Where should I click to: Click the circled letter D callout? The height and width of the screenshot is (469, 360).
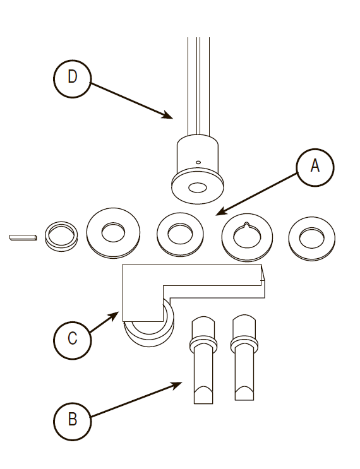click(x=72, y=79)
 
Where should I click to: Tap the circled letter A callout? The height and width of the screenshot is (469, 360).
click(x=315, y=167)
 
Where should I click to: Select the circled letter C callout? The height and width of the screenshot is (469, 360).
click(x=72, y=340)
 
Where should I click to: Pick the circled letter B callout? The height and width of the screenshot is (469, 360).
click(x=72, y=422)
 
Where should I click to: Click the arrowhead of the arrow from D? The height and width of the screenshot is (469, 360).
click(x=168, y=116)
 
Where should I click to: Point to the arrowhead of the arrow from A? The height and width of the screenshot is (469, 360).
click(x=220, y=211)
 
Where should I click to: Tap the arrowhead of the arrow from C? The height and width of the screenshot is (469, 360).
click(x=114, y=315)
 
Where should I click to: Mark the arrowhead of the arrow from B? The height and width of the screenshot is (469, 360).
click(x=177, y=384)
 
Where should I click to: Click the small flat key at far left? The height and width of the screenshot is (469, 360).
click(x=23, y=237)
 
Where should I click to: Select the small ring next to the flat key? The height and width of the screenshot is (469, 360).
click(x=61, y=236)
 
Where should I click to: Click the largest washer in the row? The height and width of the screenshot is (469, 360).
click(x=113, y=233)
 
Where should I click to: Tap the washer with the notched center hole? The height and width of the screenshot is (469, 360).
click(x=247, y=237)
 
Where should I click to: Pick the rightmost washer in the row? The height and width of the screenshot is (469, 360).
click(x=312, y=239)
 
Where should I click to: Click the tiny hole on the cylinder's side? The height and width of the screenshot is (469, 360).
click(x=198, y=162)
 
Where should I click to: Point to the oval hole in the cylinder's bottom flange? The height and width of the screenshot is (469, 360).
click(x=198, y=188)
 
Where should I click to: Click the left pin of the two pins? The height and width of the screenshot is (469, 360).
click(x=203, y=360)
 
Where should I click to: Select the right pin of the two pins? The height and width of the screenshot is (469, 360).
click(x=244, y=357)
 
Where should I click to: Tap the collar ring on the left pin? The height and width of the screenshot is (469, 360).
click(x=203, y=345)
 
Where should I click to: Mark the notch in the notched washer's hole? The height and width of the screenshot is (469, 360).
click(x=246, y=224)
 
